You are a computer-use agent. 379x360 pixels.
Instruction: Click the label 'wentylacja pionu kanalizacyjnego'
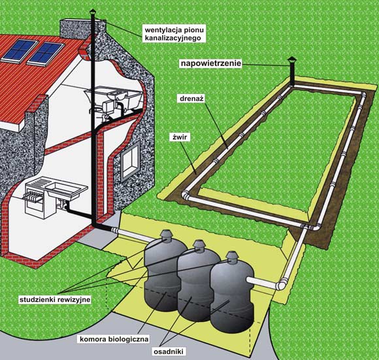(174, 34)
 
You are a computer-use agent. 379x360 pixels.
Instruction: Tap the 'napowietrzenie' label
(211, 63)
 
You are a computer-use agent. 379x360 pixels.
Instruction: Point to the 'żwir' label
(180, 137)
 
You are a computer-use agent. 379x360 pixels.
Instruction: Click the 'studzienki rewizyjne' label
(55, 300)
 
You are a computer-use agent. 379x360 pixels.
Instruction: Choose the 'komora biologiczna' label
(114, 339)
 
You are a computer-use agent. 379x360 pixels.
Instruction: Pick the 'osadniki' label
(168, 352)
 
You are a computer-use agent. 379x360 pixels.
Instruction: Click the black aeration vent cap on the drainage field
(292, 60)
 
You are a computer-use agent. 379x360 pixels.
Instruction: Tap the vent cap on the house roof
(93, 11)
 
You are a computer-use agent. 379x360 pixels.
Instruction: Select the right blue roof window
(46, 54)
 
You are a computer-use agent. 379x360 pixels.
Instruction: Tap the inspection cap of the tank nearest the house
(165, 235)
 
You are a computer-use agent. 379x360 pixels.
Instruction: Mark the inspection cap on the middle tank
(199, 245)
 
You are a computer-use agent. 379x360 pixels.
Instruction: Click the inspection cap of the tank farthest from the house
(232, 256)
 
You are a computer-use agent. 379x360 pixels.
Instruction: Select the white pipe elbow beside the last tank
(282, 284)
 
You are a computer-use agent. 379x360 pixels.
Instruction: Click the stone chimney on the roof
(82, 28)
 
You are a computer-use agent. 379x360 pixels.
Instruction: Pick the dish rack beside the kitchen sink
(33, 195)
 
